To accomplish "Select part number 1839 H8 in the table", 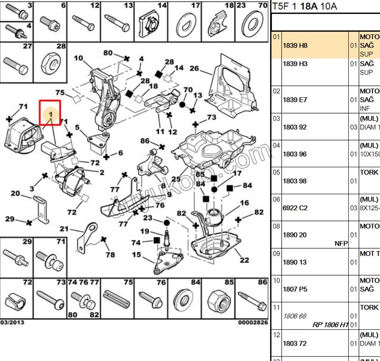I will (295, 46).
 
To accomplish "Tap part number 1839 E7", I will (295, 100).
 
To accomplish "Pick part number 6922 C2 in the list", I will (295, 208).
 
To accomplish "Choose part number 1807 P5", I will (295, 289).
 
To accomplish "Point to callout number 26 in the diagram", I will (194, 68).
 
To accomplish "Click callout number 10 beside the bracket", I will (78, 58).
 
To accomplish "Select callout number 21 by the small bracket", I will (64, 229).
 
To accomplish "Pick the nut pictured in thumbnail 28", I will (50, 66).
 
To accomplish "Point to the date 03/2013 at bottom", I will (12, 322).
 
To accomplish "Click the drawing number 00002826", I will (253, 322).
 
